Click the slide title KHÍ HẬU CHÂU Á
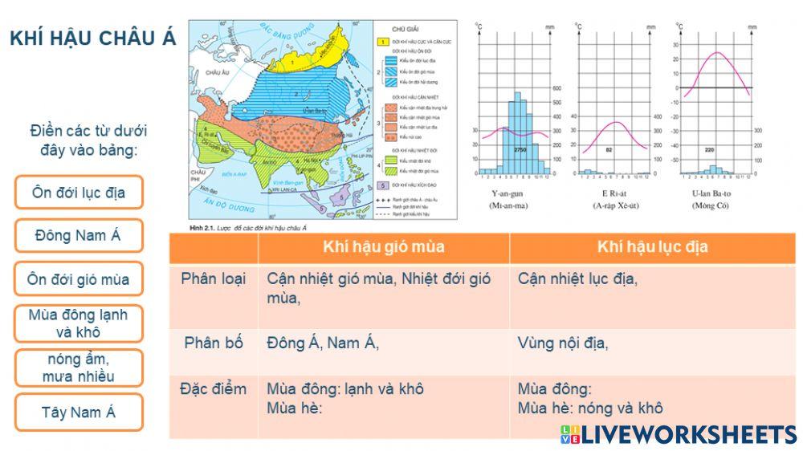click(92, 39)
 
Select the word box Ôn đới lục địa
click(79, 193)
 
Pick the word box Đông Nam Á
click(79, 236)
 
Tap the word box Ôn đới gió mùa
click(79, 279)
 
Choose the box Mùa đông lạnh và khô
click(79, 323)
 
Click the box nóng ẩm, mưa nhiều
click(79, 368)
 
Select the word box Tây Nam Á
click(79, 412)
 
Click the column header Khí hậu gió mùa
click(383, 247)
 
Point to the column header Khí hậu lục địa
click(652, 247)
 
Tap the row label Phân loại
click(214, 279)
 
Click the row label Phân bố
click(214, 343)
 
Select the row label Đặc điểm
click(214, 389)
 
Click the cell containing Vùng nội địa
click(563, 343)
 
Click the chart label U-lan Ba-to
click(711, 193)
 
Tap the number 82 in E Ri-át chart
click(609, 150)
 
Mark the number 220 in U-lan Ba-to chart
click(709, 150)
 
